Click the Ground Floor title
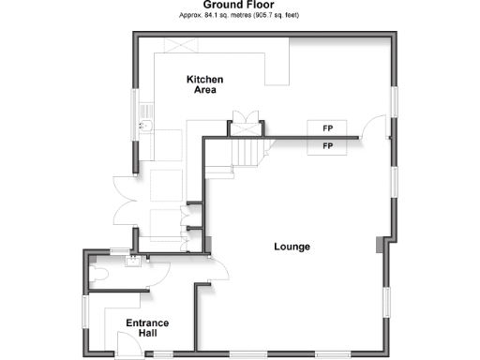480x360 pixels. (x=239, y=5)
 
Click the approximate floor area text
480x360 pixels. (x=239, y=15)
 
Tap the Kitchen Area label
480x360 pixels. (x=205, y=85)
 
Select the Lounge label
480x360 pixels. (x=292, y=247)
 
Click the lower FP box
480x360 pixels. (x=328, y=146)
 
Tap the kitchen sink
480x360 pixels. (x=146, y=123)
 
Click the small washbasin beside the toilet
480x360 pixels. (x=133, y=260)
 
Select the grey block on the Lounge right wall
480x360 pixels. (x=378, y=246)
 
